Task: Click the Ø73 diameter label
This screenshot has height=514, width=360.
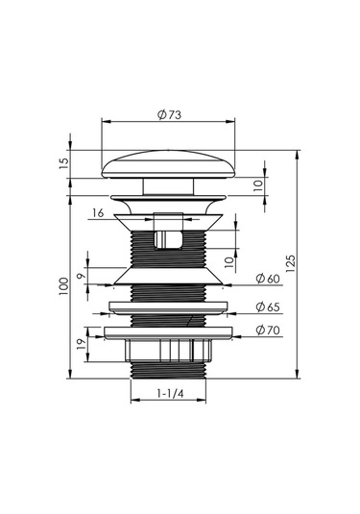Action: pyautogui.click(x=169, y=115)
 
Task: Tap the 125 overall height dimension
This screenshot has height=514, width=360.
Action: pyautogui.click(x=291, y=263)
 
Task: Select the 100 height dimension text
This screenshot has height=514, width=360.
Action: pyautogui.click(x=63, y=286)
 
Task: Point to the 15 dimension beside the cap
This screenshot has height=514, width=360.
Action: pyautogui.click(x=64, y=163)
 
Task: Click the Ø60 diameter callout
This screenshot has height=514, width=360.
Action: pyautogui.click(x=268, y=279)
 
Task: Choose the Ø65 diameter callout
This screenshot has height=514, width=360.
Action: pyautogui.click(x=268, y=306)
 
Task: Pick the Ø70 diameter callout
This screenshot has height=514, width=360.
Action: pyautogui.click(x=268, y=330)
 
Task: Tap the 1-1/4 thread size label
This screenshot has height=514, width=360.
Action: pyautogui.click(x=170, y=393)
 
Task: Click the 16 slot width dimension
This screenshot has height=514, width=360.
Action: pyautogui.click(x=98, y=213)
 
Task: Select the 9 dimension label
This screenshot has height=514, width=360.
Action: pyautogui.click(x=81, y=276)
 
